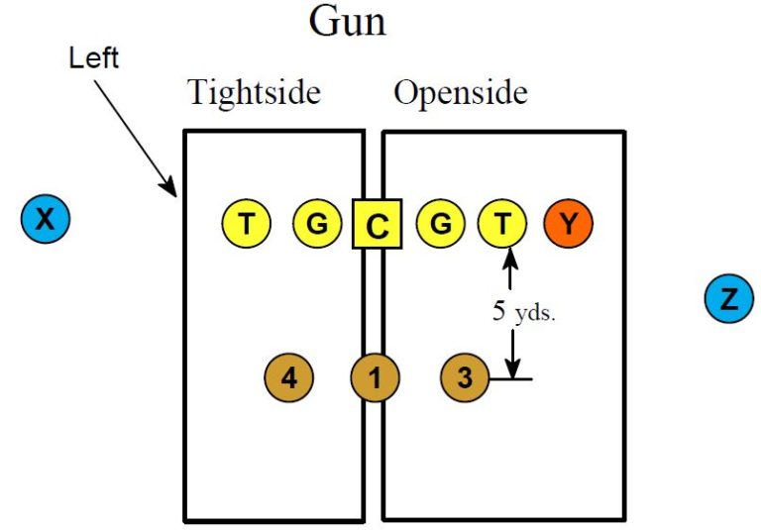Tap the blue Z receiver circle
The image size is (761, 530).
729,299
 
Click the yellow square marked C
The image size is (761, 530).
377,225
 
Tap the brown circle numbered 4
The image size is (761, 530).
288,377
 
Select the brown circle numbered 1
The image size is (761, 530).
376,377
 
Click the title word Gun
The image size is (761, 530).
347,22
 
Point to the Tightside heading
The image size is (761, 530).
255,93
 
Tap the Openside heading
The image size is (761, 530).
461,93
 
